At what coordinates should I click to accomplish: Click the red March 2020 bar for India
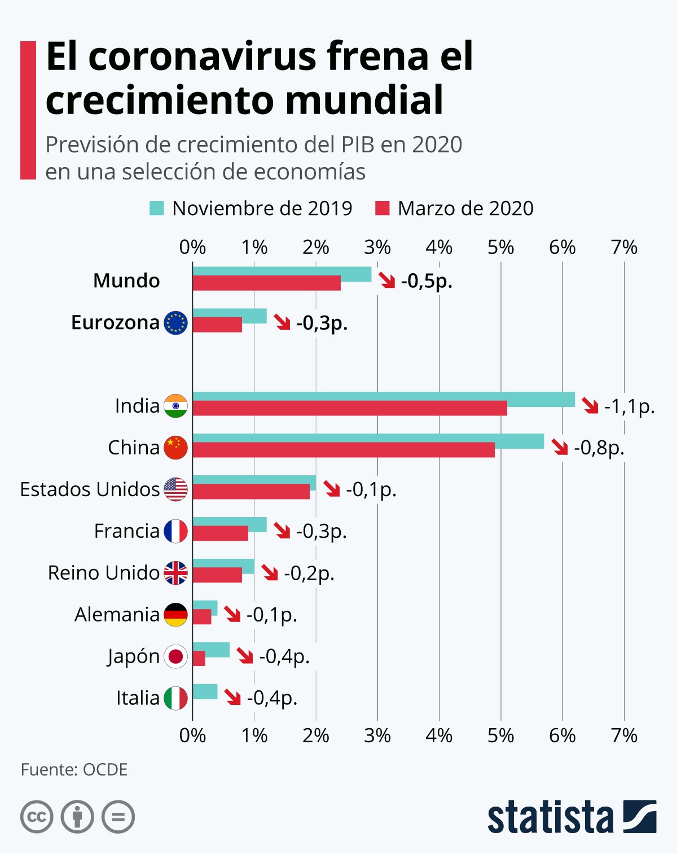350,408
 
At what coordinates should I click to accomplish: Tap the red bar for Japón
199,658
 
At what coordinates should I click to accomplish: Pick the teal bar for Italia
205,691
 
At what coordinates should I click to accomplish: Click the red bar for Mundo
266,283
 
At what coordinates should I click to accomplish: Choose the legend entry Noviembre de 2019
251,208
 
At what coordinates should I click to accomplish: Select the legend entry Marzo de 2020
454,208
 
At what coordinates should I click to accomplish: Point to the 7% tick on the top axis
624,247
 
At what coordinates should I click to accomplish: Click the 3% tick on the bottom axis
377,735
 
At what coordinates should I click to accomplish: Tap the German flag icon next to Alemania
175,615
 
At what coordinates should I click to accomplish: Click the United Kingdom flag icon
175,573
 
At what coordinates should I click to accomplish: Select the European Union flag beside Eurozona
175,323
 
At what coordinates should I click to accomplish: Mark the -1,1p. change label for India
629,406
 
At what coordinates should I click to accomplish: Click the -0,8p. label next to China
599,448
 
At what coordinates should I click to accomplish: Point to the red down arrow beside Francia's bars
282,531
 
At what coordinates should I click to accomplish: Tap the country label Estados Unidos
90,489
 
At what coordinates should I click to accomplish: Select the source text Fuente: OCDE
74,769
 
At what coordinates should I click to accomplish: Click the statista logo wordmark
550,817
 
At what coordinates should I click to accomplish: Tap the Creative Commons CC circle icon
37,817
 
